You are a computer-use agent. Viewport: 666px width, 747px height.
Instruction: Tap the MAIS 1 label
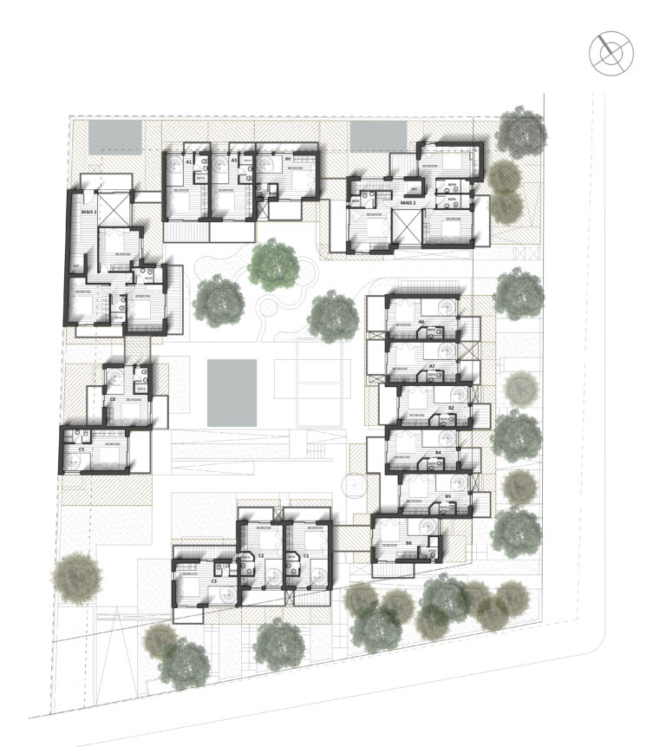click(88, 211)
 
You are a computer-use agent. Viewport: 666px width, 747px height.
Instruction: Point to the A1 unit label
click(188, 161)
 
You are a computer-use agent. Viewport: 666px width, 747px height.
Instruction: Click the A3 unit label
click(234, 161)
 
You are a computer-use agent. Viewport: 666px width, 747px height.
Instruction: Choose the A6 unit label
click(421, 322)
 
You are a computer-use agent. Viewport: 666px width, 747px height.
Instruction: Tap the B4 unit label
click(438, 453)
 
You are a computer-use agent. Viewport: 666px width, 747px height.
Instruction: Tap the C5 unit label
click(82, 449)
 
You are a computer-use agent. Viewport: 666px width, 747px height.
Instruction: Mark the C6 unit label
click(113, 398)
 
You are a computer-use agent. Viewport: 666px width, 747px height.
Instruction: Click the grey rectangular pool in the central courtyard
click(232, 391)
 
